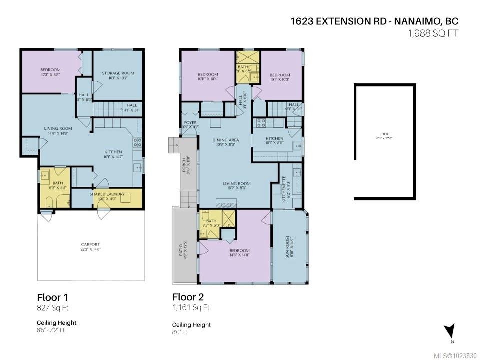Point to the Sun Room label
coord(288,245)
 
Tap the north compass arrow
coord(450,331)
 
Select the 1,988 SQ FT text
coord(433,33)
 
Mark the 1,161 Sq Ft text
coord(191,308)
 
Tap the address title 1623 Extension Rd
coord(374,21)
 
